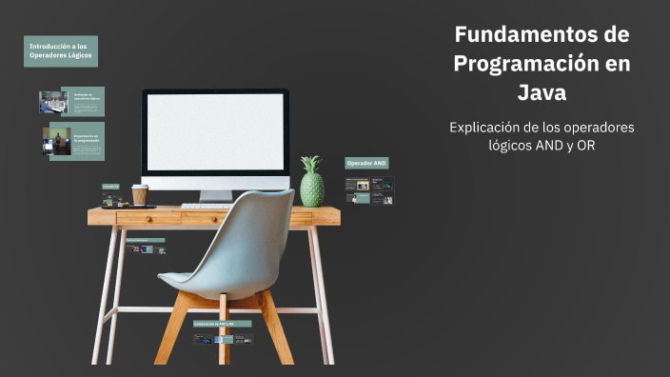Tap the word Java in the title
coord(542,93)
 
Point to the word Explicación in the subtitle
coord(490,127)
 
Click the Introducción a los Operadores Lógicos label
coord(61,50)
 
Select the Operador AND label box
coord(366,163)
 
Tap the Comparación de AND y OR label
coord(222,324)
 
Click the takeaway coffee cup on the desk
coord(140,195)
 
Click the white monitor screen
coord(215,132)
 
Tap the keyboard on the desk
coord(206,206)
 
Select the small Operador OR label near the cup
coord(110,187)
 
